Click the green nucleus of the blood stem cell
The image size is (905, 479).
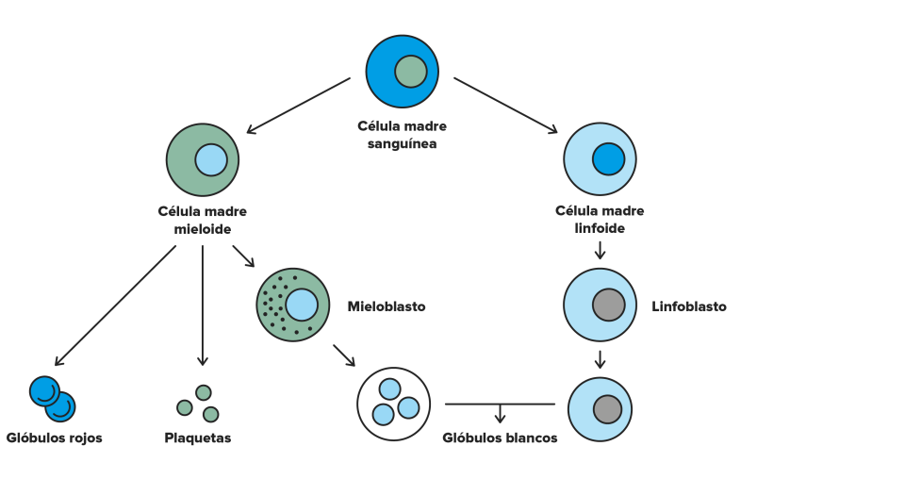411,72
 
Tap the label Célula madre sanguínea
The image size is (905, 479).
402,135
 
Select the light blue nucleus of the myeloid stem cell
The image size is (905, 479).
211,160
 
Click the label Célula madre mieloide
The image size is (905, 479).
203,220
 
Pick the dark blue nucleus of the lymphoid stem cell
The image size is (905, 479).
608,158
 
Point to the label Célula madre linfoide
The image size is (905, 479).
600,220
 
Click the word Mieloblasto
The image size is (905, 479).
387,306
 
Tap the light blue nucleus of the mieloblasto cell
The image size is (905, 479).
302,305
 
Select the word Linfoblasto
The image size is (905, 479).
688,306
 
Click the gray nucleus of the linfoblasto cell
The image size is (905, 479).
608,305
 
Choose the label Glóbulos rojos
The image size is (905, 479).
55,438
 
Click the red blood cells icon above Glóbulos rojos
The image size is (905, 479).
53,399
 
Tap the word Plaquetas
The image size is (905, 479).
197,438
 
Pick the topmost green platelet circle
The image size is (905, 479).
204,393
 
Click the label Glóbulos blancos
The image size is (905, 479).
500,438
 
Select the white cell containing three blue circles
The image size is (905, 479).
394,404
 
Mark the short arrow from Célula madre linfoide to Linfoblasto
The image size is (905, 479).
600,250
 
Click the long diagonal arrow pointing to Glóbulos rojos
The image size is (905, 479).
115,306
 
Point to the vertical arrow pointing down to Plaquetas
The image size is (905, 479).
203,306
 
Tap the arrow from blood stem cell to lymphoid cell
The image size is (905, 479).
505,106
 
